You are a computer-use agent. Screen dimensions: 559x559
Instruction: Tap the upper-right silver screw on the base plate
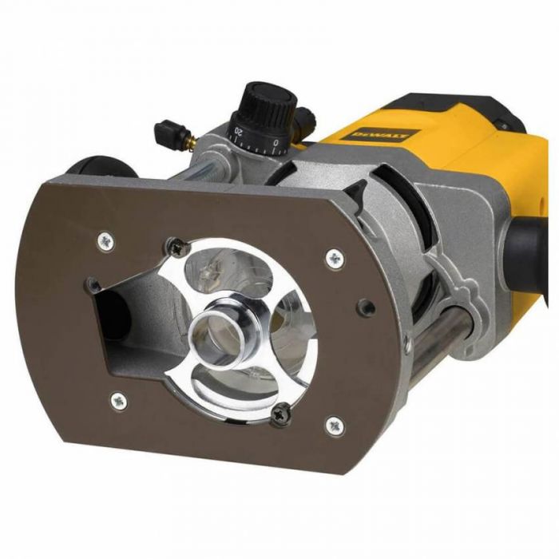tap(333, 257)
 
